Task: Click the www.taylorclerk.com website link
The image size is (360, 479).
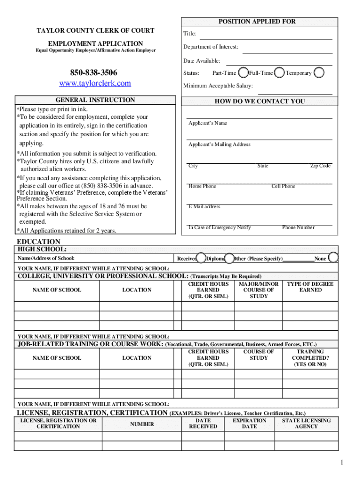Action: (x=95, y=83)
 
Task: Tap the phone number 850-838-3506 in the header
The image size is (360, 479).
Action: (x=94, y=73)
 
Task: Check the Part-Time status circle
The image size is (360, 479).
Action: (x=243, y=73)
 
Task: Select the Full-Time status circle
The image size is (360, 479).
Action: (x=279, y=73)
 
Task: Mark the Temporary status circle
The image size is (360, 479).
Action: (x=319, y=73)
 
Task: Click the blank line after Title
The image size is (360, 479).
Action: (x=266, y=35)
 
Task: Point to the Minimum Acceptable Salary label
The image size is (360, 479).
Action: (x=218, y=86)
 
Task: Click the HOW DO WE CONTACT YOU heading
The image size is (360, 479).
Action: (x=259, y=101)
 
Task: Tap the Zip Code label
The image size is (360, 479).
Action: (x=320, y=166)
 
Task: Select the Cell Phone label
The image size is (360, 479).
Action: (x=283, y=186)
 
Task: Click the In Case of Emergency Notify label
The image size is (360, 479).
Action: (x=219, y=227)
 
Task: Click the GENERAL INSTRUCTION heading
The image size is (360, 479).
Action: (x=95, y=100)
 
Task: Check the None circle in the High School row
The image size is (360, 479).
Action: (x=333, y=258)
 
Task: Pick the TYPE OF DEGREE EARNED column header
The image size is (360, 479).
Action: (x=310, y=287)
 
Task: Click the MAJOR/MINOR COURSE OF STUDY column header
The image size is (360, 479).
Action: (x=259, y=290)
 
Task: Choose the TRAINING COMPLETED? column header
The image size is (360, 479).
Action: (x=310, y=358)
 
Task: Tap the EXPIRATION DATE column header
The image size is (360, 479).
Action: (x=249, y=423)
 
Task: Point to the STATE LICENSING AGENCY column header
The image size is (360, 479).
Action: (x=306, y=423)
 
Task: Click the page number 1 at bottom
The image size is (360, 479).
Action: (x=342, y=463)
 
